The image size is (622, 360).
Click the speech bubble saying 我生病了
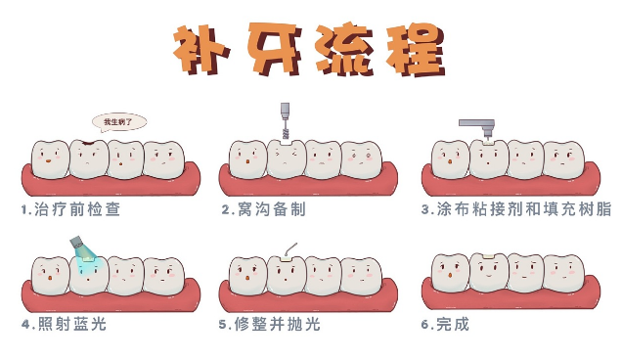pyautogui.click(x=119, y=122)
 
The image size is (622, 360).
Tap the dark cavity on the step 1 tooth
pyautogui.click(x=88, y=141)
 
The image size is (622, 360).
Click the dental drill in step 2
pyautogui.click(x=285, y=120)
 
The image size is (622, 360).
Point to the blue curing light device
pyautogui.click(x=77, y=242)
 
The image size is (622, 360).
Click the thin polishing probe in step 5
pyautogui.click(x=290, y=248)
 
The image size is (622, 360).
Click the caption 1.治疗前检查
pyautogui.click(x=71, y=209)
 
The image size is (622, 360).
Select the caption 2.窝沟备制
pyautogui.click(x=264, y=209)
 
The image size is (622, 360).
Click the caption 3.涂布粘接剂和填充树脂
pyautogui.click(x=516, y=208)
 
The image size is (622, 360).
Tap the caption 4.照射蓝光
pyautogui.click(x=65, y=324)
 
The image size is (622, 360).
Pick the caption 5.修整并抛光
pyautogui.click(x=269, y=324)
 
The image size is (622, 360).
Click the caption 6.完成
pyautogui.click(x=445, y=324)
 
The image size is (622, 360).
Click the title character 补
pyautogui.click(x=201, y=49)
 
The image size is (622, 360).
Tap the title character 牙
pyautogui.click(x=274, y=48)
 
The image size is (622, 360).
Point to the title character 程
pyautogui.click(x=416, y=49)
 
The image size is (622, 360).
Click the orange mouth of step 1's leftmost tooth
pyautogui.click(x=48, y=161)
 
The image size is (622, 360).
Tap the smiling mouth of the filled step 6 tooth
pyautogui.click(x=488, y=275)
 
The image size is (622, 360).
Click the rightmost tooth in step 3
pyautogui.click(x=563, y=159)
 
